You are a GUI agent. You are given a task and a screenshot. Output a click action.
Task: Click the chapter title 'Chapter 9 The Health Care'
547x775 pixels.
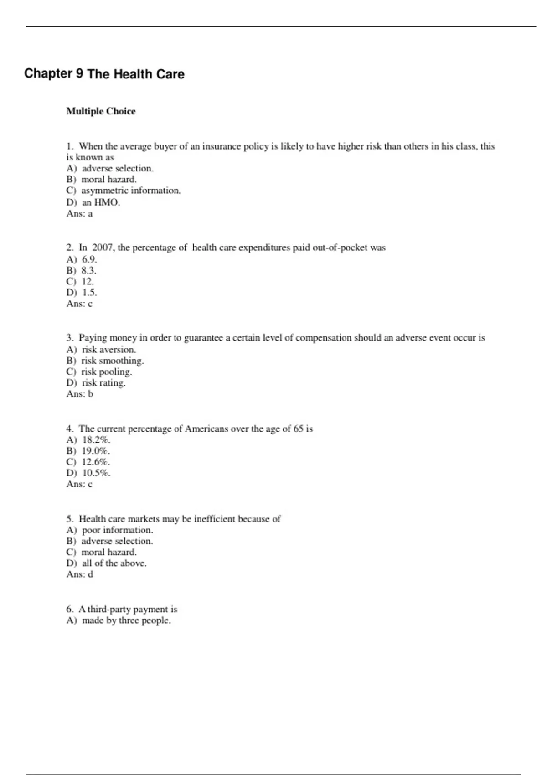tap(104, 74)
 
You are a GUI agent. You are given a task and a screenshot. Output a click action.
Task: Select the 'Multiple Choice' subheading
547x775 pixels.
tap(101, 111)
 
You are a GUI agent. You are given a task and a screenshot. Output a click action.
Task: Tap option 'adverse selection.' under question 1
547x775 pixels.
tap(117, 168)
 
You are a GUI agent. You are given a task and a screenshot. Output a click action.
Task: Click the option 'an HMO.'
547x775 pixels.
tap(101, 202)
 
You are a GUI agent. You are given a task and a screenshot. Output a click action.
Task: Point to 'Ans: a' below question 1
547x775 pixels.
tap(79, 213)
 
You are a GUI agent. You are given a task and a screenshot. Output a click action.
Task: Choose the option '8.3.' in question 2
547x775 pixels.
tap(89, 270)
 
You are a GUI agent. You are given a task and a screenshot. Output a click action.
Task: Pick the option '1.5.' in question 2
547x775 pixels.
tap(89, 292)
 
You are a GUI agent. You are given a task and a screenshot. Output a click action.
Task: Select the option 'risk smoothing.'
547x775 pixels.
tap(112, 361)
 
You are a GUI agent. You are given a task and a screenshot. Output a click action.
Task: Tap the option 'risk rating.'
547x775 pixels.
tap(103, 383)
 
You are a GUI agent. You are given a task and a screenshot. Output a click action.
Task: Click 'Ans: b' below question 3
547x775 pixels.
tap(80, 394)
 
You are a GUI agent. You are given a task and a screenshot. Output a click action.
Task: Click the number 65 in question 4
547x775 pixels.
tap(299, 429)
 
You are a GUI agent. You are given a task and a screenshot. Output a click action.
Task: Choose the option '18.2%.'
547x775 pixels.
tap(96, 440)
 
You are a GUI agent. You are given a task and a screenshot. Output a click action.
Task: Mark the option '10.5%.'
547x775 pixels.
tap(96, 473)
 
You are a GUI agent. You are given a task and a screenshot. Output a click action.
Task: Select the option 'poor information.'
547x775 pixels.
tap(117, 530)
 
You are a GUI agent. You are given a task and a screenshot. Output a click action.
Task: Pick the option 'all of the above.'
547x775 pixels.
tap(114, 563)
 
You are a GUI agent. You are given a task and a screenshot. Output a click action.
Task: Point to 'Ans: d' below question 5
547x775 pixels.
tap(80, 574)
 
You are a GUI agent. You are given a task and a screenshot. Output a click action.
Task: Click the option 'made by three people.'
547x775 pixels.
tap(126, 620)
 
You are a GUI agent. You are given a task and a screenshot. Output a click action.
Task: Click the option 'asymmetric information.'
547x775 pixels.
tap(131, 191)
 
